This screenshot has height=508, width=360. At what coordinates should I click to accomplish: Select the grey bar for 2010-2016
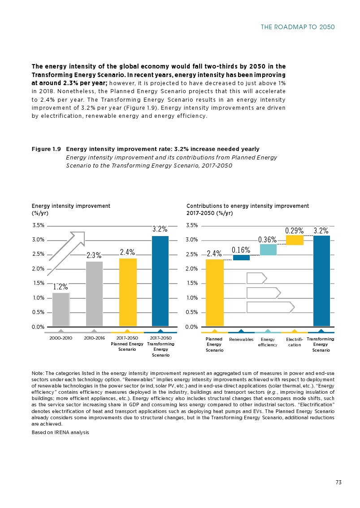pos(94,293)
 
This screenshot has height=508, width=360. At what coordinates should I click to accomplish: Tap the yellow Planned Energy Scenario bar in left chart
pos(127,292)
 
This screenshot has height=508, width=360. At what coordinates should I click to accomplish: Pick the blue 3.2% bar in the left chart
pos(160,281)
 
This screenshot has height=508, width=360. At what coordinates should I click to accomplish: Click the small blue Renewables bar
pos(241,257)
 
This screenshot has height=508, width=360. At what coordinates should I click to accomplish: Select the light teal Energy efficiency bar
pos(268,250)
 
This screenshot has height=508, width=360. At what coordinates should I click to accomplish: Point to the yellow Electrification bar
pos(295,240)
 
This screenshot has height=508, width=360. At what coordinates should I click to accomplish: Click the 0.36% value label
pos(267,240)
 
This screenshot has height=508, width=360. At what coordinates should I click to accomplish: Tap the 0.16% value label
pos(241,250)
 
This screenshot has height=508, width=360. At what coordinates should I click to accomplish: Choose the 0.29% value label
pos(295,231)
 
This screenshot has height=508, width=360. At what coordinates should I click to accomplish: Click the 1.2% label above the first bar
pos(61,287)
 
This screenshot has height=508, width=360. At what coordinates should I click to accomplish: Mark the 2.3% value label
pos(94,256)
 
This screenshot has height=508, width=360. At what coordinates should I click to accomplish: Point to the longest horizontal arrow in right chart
pos(270,307)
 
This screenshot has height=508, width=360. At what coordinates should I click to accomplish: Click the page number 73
pos(338,482)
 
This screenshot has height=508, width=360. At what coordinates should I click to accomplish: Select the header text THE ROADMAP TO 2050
pos(298,27)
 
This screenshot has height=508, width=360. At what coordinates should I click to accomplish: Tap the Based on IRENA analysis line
pos(60,432)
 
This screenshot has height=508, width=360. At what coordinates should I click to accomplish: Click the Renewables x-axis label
pos(241,340)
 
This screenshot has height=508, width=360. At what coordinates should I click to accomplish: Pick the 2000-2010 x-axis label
pos(61,338)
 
